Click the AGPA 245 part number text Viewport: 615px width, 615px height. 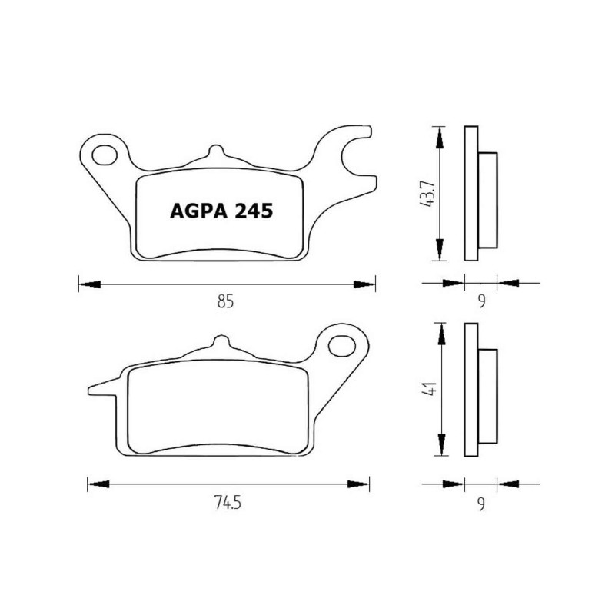pos(218,211)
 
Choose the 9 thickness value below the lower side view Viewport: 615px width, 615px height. pos(481,504)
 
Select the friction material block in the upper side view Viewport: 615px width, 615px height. pos(487,200)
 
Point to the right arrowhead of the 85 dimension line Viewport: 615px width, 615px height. pos(365,284)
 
